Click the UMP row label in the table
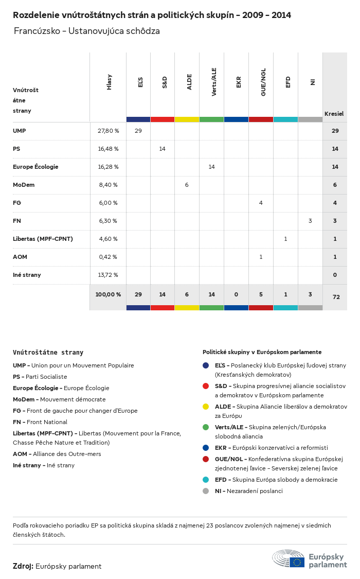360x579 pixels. tap(19, 131)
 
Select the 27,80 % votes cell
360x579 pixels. tap(108, 131)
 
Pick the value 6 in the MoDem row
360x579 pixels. tap(187, 185)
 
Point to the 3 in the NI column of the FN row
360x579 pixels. tap(310, 221)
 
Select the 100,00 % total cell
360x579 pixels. tap(108, 294)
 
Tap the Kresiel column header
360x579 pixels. tap(334, 113)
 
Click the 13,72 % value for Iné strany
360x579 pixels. tap(108, 275)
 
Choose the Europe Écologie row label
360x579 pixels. tap(35, 167)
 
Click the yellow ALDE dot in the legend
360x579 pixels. tap(206, 407)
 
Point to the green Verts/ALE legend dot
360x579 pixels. tap(206, 427)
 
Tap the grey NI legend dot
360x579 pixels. tap(206, 491)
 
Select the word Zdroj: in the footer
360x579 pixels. tap(23, 566)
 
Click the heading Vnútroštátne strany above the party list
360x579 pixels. tap(48, 353)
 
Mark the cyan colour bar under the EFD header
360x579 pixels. tap(285, 119)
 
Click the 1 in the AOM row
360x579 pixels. tap(261, 257)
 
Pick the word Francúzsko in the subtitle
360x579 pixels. tap(35, 31)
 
